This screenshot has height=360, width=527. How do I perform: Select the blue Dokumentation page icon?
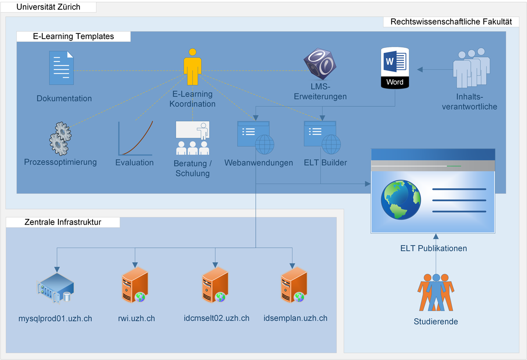click(61, 68)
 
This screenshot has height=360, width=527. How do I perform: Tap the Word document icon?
click(395, 68)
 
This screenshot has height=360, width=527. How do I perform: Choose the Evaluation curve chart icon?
click(135, 138)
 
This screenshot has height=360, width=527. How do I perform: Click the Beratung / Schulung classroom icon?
click(192, 138)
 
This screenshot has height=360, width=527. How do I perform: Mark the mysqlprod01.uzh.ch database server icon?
click(56, 287)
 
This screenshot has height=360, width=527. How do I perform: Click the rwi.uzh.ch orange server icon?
click(135, 286)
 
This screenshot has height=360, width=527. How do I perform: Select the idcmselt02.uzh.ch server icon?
click(215, 286)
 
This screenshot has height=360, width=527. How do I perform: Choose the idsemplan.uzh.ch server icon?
click(293, 286)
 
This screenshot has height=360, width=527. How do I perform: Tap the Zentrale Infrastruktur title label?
click(63, 222)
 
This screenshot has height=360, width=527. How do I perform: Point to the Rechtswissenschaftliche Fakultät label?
click(451, 22)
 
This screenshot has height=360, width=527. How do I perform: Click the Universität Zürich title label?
click(48, 7)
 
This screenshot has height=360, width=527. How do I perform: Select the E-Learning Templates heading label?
click(73, 36)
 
